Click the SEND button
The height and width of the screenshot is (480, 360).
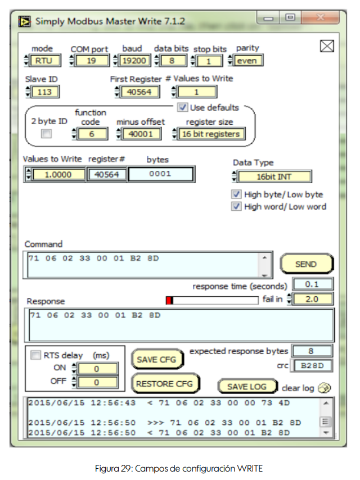(x=307, y=264)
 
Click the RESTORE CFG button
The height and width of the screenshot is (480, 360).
(x=165, y=383)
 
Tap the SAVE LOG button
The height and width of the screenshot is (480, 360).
(x=247, y=387)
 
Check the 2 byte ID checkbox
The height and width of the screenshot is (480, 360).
(x=46, y=133)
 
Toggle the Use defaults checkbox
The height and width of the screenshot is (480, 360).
(x=183, y=107)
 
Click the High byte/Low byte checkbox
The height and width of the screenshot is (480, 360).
(x=236, y=194)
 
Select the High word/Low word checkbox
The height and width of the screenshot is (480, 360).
(x=236, y=206)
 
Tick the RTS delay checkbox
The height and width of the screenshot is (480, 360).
(x=35, y=355)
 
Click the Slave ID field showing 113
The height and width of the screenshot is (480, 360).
(x=44, y=92)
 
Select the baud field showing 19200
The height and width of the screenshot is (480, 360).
(x=134, y=61)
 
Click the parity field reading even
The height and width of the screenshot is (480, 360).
(x=247, y=61)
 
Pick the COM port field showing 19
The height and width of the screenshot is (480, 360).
(x=91, y=61)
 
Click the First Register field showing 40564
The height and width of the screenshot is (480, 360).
(x=139, y=92)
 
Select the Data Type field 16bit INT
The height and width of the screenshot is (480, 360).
(x=274, y=176)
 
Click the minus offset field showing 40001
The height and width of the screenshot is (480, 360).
(x=141, y=134)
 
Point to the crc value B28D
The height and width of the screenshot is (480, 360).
(x=312, y=365)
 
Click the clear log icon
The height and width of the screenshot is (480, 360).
(x=324, y=388)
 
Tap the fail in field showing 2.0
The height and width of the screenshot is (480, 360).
(x=312, y=299)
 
